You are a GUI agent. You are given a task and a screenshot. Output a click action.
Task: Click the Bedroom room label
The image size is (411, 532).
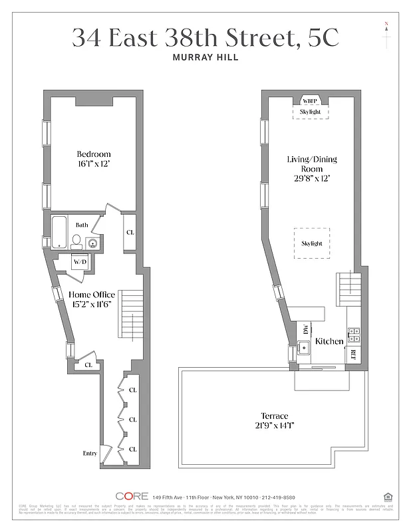[x=92, y=154]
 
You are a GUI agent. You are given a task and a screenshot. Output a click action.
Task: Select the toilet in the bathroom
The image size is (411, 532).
[x=76, y=240]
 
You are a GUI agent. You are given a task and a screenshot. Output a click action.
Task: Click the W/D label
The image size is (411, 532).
[x=80, y=262]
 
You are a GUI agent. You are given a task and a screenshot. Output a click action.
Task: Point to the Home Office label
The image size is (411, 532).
[x=92, y=295]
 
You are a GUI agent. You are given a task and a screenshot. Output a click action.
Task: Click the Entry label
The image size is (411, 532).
[x=89, y=454]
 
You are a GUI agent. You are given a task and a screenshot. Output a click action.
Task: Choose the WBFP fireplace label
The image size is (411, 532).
[x=311, y=101]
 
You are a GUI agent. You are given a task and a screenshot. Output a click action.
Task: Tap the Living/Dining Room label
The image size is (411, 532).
[x=312, y=159]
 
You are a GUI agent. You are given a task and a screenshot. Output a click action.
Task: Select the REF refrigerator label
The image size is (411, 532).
[x=354, y=354]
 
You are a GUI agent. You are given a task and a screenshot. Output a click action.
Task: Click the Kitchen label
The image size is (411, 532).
[x=329, y=341]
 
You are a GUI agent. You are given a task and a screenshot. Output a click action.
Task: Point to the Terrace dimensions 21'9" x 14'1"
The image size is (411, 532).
[x=275, y=426]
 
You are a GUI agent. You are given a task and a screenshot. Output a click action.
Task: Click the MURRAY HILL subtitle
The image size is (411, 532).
[x=205, y=57]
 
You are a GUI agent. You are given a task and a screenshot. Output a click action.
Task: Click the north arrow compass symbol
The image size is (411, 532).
[x=386, y=33]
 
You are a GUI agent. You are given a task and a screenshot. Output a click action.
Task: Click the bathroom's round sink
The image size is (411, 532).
[x=92, y=243]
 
